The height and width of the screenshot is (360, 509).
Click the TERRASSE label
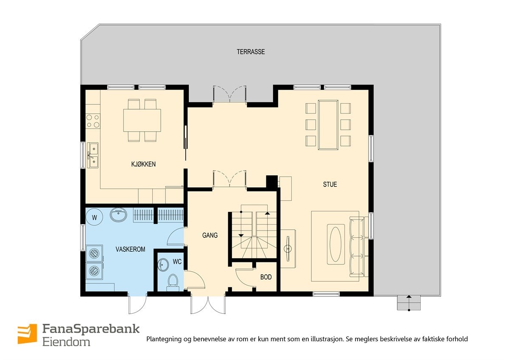tap(251, 52)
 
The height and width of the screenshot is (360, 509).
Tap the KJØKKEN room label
tap(143, 164)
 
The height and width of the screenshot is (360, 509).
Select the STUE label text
tap(330, 184)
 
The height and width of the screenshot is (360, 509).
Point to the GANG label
tap(210, 235)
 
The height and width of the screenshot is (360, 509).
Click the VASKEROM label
tap(130, 249)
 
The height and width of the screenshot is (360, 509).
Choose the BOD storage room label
tap(266, 277)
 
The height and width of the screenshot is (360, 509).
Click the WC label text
tap(177, 262)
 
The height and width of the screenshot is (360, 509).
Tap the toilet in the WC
tap(173, 281)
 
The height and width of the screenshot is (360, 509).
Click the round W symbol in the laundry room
tap(95, 217)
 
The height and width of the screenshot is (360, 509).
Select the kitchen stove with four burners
tap(93, 121)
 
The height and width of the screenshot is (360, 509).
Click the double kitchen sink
tap(92, 155)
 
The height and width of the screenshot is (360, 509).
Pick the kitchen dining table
tap(142, 120)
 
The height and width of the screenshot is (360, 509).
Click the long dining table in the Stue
tap(328, 124)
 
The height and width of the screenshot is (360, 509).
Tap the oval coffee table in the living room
tap(335, 245)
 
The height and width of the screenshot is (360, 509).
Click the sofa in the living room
tap(357, 247)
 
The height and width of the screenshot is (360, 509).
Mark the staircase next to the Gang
tap(253, 234)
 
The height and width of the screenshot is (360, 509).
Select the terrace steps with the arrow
tap(408, 303)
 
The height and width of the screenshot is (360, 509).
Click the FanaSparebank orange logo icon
tap(27, 334)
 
